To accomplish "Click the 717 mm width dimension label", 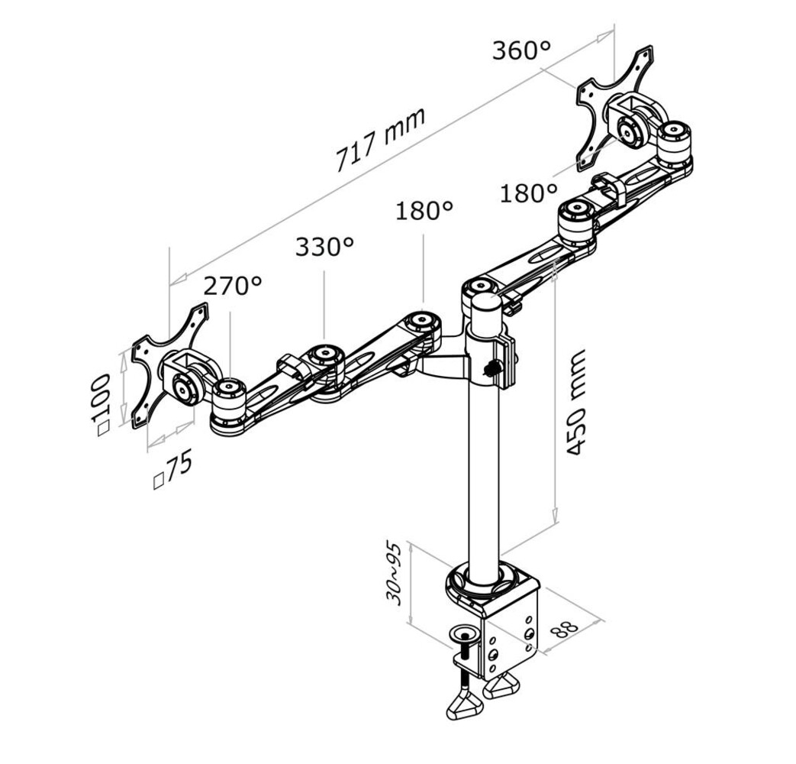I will tap(380, 140).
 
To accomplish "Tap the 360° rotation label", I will tap(520, 51).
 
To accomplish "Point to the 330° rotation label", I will tap(324, 246).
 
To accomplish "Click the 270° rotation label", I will tap(232, 286).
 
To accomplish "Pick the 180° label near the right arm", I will tap(528, 193).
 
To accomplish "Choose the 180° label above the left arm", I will tap(424, 210).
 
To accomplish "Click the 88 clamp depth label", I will tap(565, 628).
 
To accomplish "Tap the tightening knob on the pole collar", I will tap(491, 368).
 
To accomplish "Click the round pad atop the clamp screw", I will tap(462, 633).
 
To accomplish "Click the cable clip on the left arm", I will tap(292, 364).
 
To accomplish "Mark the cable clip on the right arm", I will tap(608, 185).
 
